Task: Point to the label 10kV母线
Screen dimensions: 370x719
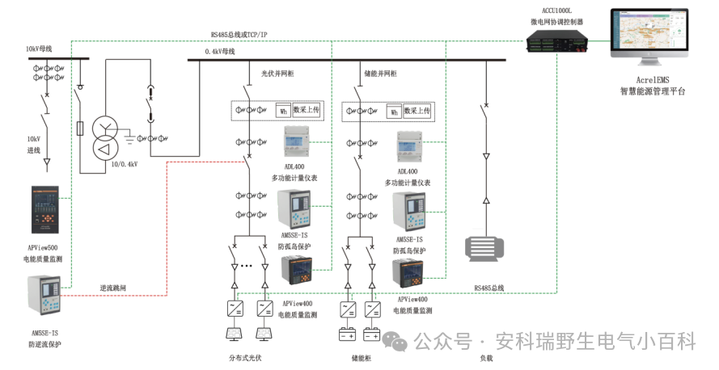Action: pyautogui.click(x=39, y=50)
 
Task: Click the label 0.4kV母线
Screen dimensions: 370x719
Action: pyautogui.click(x=220, y=52)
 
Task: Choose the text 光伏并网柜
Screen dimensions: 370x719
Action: pyautogui.click(x=277, y=74)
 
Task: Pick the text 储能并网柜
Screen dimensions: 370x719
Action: pyautogui.click(x=380, y=74)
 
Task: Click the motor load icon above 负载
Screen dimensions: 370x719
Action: pyautogui.click(x=485, y=247)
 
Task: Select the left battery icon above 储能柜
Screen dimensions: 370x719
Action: pyautogui.click(x=347, y=333)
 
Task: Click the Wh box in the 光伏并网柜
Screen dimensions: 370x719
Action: pyautogui.click(x=282, y=111)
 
